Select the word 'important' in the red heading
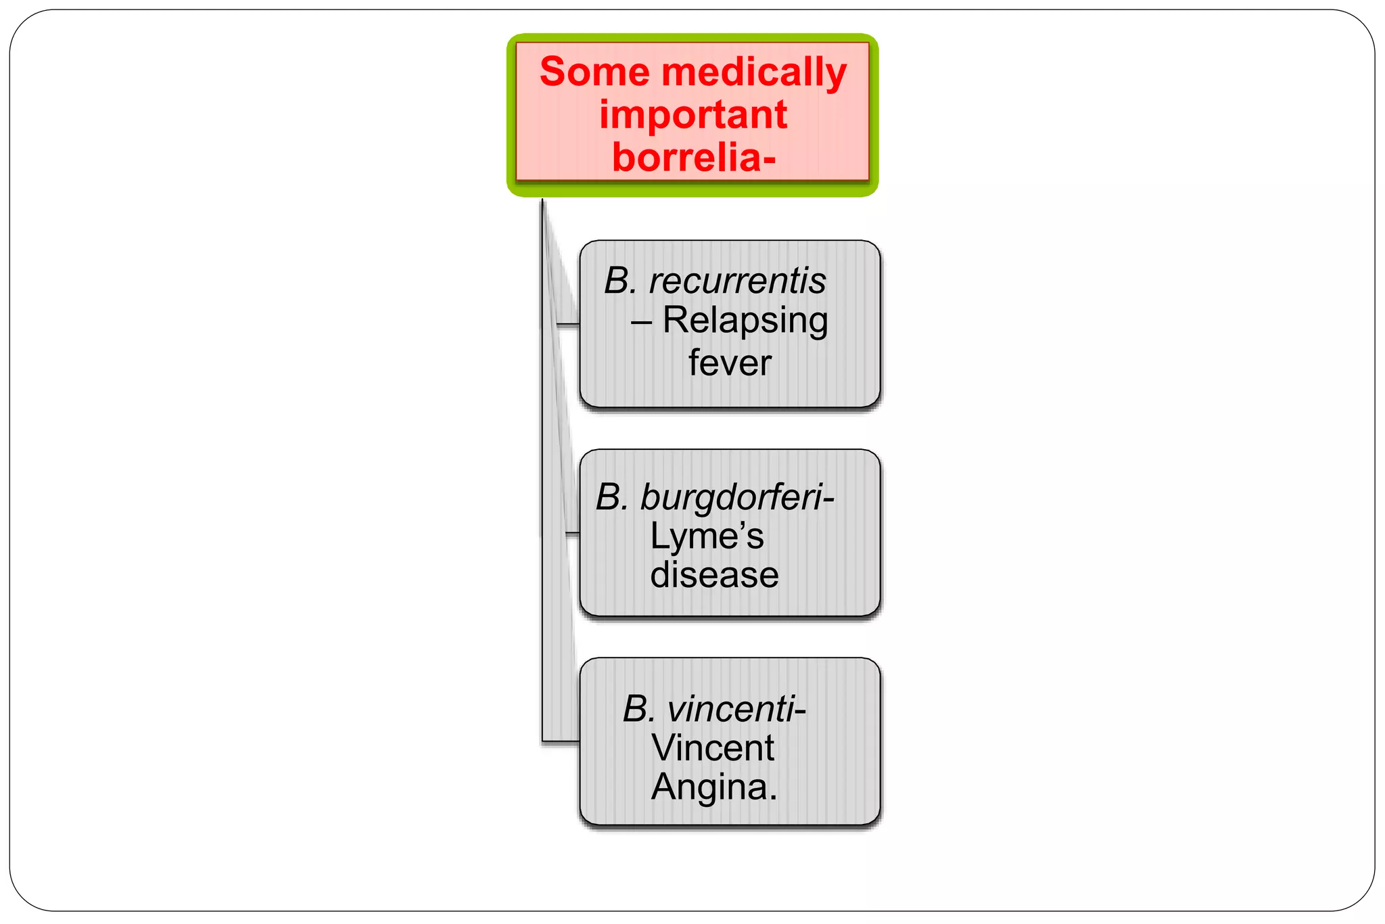[692, 114]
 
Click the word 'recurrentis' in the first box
[737, 281]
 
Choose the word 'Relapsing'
[745, 321]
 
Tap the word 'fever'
[730, 363]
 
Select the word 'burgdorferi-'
[737, 498]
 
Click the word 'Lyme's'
[706, 536]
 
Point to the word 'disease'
[714, 575]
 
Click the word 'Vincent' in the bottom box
[713, 748]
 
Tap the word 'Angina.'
[714, 787]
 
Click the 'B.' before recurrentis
[621, 281]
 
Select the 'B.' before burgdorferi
[613, 498]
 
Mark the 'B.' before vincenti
[638, 710]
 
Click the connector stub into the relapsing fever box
[567, 325]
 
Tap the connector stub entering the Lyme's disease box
[571, 534]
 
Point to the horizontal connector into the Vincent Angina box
[561, 742]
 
